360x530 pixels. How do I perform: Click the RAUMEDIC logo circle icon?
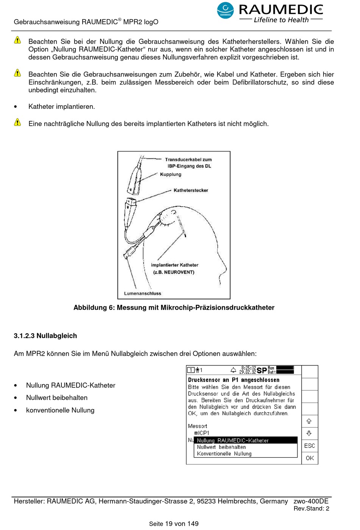click(x=225, y=10)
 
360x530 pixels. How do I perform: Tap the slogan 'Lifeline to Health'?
click(x=281, y=20)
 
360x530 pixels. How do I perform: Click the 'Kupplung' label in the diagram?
click(x=171, y=174)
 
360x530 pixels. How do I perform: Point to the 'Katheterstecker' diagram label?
click(x=191, y=190)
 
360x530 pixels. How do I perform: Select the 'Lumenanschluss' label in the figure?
click(x=142, y=293)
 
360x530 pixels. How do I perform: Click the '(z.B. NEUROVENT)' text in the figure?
click(x=174, y=272)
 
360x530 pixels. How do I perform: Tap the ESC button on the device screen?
click(x=310, y=446)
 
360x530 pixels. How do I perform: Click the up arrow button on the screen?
click(x=309, y=421)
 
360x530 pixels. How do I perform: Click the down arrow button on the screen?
click(x=309, y=433)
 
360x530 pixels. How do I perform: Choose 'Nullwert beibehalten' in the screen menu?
click(x=221, y=447)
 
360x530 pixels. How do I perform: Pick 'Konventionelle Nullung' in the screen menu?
click(x=224, y=453)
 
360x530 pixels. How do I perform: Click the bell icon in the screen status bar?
click(x=233, y=370)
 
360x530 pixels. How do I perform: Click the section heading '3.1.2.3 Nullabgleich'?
click(x=45, y=336)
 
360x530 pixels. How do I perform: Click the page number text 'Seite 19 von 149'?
click(x=174, y=524)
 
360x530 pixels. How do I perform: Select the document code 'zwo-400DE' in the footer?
click(x=311, y=501)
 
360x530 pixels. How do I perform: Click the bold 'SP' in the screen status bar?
click(x=261, y=370)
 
